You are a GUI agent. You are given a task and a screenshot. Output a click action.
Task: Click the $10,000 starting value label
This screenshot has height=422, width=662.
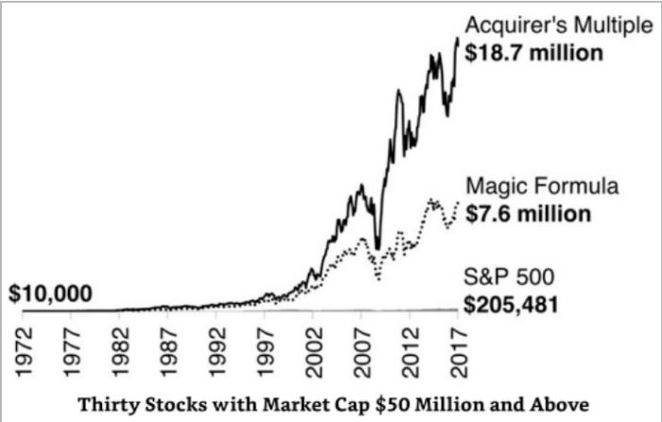50,294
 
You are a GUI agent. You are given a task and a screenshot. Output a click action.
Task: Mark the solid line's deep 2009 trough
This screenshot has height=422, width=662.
378,248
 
